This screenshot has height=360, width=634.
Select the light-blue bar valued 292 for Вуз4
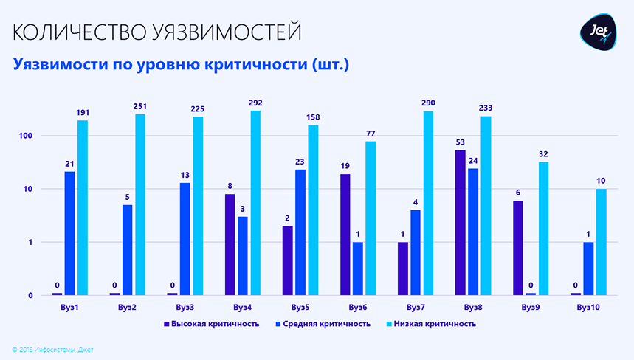click(255, 203)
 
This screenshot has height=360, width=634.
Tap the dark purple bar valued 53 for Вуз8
click(461, 222)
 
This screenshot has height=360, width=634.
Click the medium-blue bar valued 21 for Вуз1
click(69, 233)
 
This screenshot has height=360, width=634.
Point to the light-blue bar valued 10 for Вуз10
click(602, 242)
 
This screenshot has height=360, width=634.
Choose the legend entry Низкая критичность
click(430, 324)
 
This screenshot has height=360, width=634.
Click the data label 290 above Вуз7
click(428, 103)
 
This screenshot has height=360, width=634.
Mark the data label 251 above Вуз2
click(140, 106)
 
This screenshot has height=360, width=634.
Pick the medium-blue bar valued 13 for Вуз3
click(185, 239)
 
